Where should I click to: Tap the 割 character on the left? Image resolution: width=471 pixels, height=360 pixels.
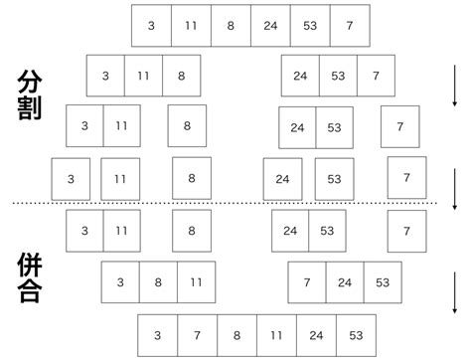31,108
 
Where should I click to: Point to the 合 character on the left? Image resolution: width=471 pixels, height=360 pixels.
31,292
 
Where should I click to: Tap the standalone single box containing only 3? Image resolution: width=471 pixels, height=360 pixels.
71,179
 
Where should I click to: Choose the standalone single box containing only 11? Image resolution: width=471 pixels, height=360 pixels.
120,179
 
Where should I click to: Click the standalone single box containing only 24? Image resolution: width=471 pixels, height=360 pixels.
282,179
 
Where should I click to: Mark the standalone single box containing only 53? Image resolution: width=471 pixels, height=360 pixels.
334,179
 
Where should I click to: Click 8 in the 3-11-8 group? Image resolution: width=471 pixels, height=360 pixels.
180,76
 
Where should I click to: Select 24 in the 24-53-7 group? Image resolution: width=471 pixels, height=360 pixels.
300,76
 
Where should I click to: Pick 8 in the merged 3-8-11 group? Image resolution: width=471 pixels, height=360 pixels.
158,282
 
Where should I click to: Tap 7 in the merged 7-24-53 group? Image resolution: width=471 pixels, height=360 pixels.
307,282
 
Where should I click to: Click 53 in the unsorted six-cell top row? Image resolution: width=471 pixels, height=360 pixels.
310,25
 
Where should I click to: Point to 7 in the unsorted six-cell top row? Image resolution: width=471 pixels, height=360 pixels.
349,25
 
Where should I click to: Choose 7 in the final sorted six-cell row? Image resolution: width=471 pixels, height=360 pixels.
197,336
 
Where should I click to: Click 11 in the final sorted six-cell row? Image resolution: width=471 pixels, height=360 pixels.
276,336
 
